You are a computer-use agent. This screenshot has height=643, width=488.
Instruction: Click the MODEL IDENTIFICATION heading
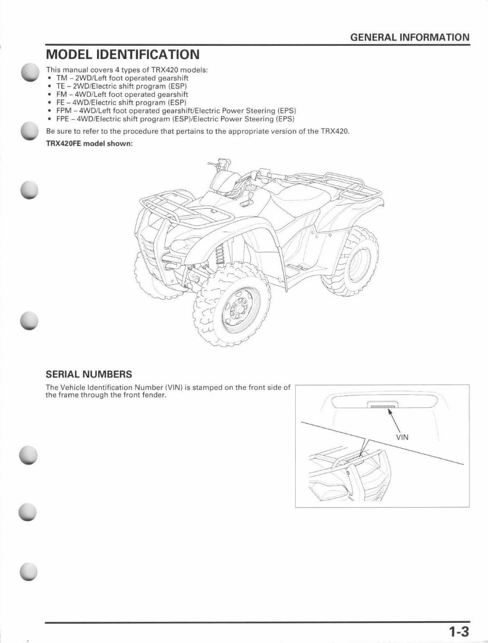pos(123,55)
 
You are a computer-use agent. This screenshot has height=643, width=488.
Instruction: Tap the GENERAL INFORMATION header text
pos(410,37)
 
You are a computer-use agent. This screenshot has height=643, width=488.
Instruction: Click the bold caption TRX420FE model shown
pos(89,144)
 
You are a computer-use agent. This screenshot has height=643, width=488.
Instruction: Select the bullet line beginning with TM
pos(122,78)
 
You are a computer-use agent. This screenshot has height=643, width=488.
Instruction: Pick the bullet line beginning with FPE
pos(175,118)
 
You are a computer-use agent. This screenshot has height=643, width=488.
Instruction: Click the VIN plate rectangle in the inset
pos(381,406)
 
